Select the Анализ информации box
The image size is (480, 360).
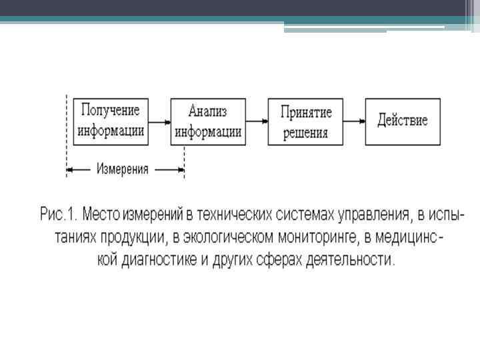click(207, 121)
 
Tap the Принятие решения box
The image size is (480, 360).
click(305, 121)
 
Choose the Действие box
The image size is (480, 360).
click(402, 121)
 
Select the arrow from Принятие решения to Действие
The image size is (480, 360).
click(353, 121)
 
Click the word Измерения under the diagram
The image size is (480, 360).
click(122, 169)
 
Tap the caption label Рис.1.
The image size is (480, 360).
click(60, 215)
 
